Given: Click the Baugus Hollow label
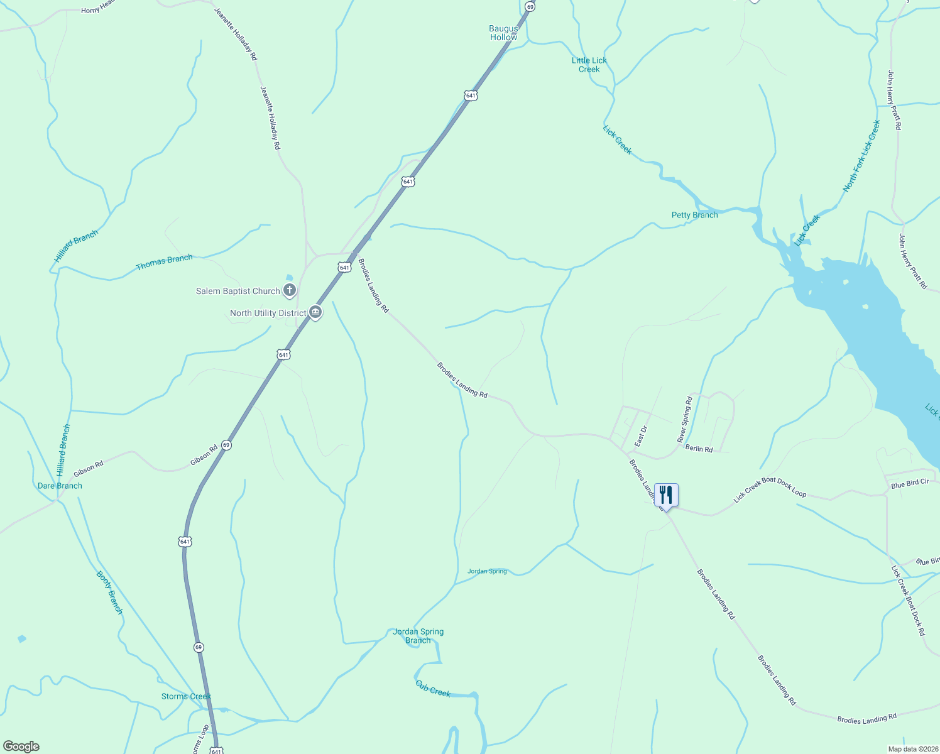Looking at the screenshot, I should (503, 33).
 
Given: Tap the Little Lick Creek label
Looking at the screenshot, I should (589, 65).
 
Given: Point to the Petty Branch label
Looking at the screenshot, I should (694, 215).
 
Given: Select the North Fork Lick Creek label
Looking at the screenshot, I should (861, 156).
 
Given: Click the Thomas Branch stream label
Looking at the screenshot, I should (164, 262).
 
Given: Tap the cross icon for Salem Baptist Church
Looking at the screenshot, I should (289, 290).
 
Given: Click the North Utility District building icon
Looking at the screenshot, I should (315, 312).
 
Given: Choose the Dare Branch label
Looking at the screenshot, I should (60, 486).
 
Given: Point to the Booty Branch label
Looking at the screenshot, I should (109, 592).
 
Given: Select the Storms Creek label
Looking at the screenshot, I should (186, 696).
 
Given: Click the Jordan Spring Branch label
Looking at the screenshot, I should (418, 636).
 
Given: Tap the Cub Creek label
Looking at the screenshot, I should (433, 689).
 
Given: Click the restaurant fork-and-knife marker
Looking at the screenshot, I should (666, 495).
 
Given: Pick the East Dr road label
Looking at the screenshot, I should (640, 437).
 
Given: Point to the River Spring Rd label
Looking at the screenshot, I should (685, 420).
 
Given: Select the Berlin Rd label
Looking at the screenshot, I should (699, 449).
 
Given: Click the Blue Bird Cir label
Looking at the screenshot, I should (910, 484).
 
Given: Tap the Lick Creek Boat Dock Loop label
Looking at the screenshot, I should (770, 489).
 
